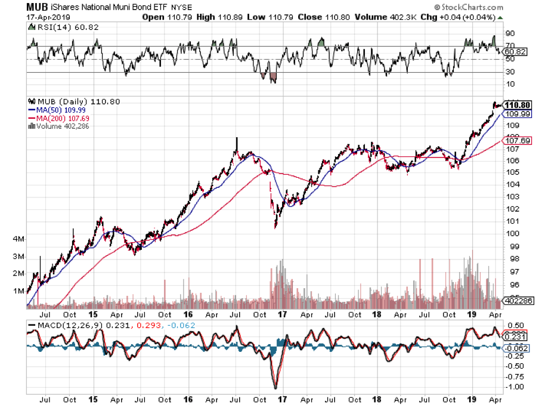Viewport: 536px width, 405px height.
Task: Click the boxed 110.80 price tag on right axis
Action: (517, 105)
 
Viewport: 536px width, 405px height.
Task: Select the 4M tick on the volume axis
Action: (17, 239)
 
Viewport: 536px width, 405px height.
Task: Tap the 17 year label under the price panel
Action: (282, 315)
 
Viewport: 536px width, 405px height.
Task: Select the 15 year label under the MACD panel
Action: (92, 400)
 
